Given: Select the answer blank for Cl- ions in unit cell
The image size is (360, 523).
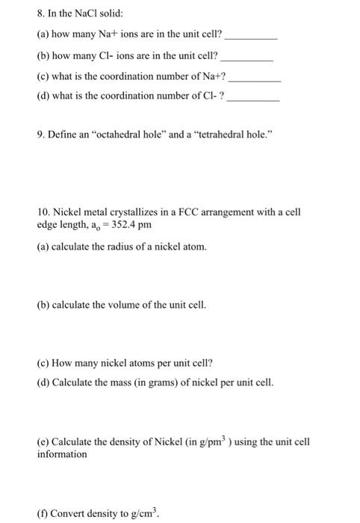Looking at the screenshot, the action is coord(248,57).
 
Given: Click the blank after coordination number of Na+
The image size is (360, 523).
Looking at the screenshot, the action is coord(256,78).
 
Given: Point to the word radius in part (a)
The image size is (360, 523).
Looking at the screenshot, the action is coord(118,247).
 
